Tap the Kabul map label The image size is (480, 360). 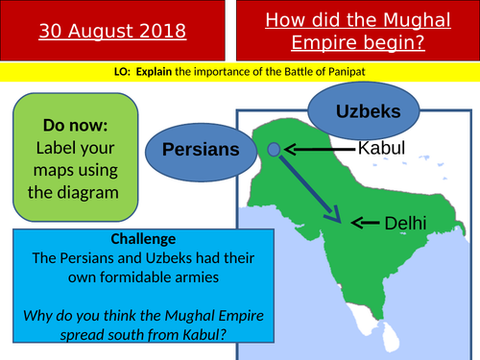tap(381, 148)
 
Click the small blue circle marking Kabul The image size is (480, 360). tap(274, 149)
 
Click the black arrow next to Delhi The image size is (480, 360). tap(365, 223)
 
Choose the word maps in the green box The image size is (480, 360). tap(56, 171)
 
